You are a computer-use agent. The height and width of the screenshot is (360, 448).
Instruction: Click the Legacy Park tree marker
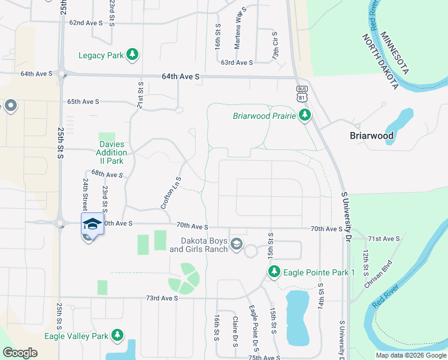pyautogui.click(x=132, y=56)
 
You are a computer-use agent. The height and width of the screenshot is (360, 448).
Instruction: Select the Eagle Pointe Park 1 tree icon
pyautogui.click(x=274, y=272)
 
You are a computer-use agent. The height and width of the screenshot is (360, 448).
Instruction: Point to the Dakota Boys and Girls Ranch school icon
pyautogui.click(x=237, y=243)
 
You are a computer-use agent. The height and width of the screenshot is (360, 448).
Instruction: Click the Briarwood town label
pyautogui.click(x=371, y=136)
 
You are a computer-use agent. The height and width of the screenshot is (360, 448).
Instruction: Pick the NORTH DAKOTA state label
pyautogui.click(x=380, y=62)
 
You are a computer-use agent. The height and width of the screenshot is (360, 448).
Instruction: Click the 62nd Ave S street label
pyautogui.click(x=86, y=22)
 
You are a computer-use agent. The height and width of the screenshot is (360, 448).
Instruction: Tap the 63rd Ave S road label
pyautogui.click(x=237, y=62)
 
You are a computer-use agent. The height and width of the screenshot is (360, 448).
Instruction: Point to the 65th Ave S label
pyautogui.click(x=83, y=102)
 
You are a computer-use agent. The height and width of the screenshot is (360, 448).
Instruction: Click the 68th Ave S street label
pyautogui.click(x=107, y=175)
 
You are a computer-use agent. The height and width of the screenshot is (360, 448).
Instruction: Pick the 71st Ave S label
pyautogui.click(x=383, y=239)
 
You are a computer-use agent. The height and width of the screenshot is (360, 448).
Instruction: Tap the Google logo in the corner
pyautogui.click(x=20, y=353)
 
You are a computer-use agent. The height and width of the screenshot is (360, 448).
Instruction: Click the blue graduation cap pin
pyautogui.click(x=92, y=224)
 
